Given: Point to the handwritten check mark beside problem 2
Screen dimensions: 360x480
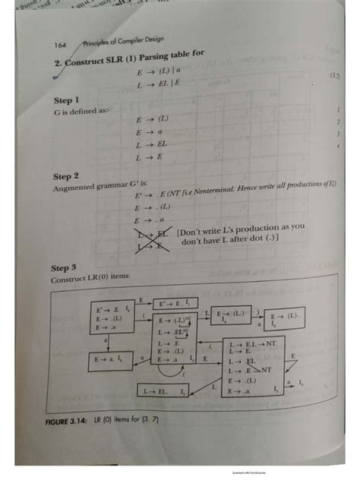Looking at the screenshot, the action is click(55, 74).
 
